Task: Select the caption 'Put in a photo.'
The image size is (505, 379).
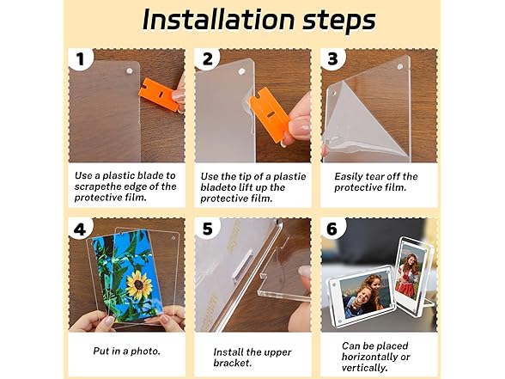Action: (126, 351)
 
